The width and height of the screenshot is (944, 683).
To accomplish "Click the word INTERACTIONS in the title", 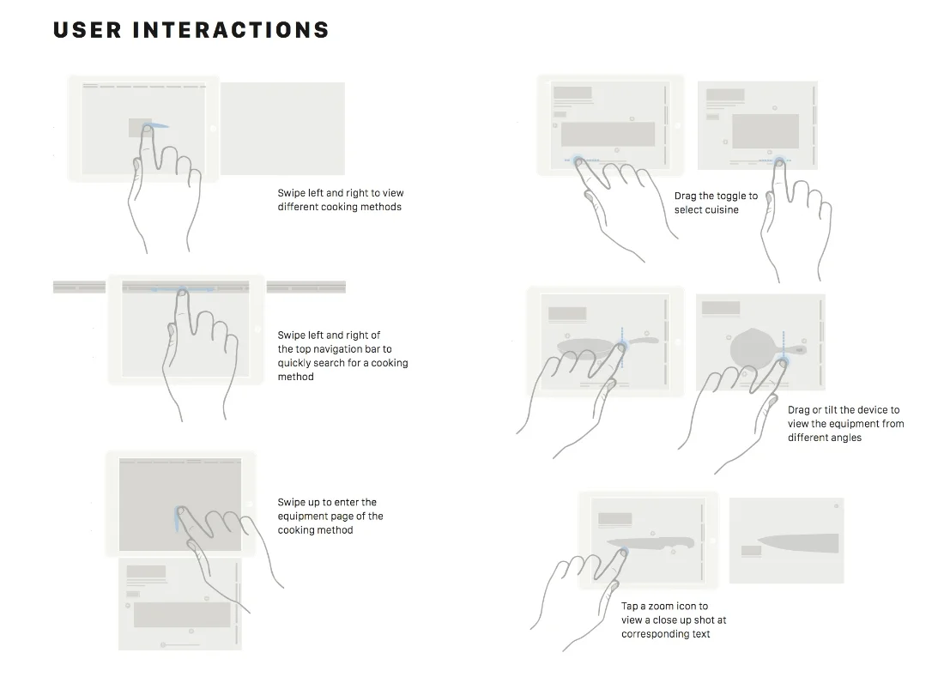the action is coord(231,30).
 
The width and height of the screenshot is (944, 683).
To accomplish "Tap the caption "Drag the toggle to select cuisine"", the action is coord(716,202).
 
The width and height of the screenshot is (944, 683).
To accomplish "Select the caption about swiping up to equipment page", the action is coord(330,516).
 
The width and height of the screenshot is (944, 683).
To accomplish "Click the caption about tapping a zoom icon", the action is coord(665,620).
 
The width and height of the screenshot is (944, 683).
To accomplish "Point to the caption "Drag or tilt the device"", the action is coord(845,424).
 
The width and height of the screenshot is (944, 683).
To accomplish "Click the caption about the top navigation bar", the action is coord(342,356).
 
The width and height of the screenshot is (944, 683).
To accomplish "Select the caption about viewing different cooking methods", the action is coord(340,200).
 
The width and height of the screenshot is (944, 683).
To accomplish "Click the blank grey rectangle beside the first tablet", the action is coord(282,129).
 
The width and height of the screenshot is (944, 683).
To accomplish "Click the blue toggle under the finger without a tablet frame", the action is coord(779,160).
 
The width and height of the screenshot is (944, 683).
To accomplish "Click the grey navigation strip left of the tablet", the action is coord(79,287).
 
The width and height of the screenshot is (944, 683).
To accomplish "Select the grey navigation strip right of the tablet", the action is coord(306,287).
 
